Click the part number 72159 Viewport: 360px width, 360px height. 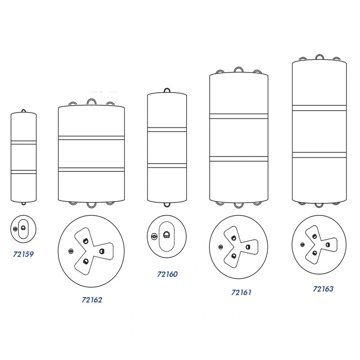click(23, 254)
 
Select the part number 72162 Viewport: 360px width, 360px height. click(92, 300)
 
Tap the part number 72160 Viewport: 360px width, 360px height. click(167, 274)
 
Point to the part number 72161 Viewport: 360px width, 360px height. click(241, 292)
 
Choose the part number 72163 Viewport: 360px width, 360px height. click(323, 289)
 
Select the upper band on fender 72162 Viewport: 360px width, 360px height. click(91, 138)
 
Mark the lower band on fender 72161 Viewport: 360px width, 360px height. click(239, 159)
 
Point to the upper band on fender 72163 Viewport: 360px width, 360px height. click(319, 108)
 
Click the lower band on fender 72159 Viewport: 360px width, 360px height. click(24, 172)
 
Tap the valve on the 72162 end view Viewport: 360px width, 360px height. click(71, 251)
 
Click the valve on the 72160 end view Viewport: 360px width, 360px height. click(154, 236)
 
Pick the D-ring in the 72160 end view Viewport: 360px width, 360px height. click(166, 235)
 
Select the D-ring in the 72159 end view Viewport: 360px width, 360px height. click(23, 228)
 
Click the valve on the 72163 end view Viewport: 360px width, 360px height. click(302, 245)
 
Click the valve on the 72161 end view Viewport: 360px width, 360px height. click(220, 247)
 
